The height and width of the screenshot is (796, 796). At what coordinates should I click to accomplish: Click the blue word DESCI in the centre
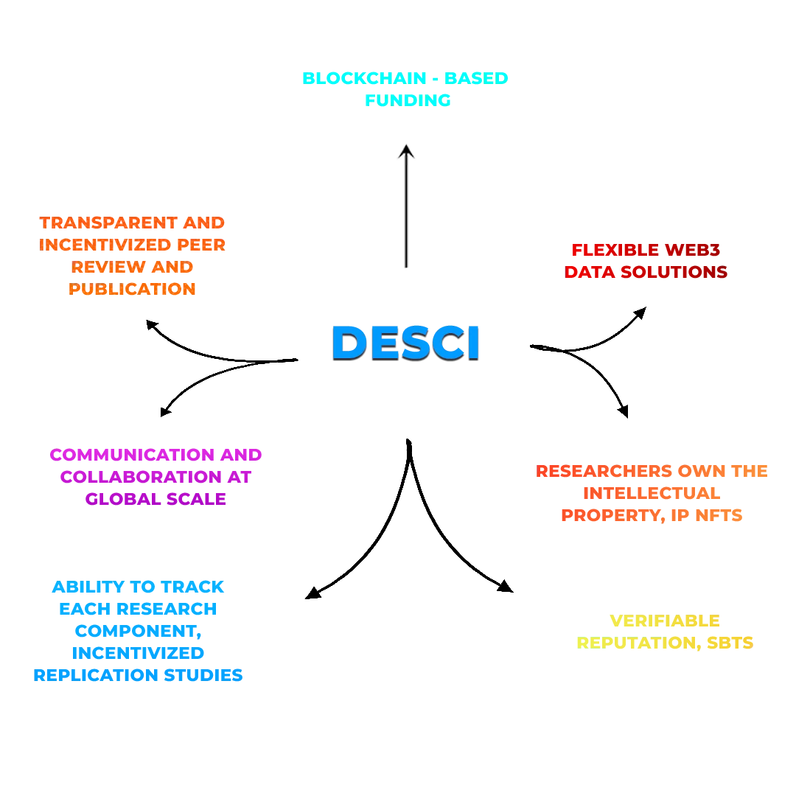tap(406, 343)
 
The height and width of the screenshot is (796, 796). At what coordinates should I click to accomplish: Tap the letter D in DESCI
tap(349, 343)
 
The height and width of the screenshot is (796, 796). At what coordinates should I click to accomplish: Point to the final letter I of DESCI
tap(473, 343)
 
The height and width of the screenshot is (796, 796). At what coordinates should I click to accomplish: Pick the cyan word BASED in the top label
tap(478, 78)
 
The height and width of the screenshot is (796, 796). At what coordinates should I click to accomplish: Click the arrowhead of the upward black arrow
tap(405, 151)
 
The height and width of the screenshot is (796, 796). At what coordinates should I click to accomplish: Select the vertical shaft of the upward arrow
tap(404, 214)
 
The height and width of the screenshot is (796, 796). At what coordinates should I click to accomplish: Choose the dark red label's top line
tap(646, 251)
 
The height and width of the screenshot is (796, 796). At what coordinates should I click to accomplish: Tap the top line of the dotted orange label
tap(133, 222)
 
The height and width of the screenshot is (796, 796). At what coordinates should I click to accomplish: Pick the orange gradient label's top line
tap(652, 470)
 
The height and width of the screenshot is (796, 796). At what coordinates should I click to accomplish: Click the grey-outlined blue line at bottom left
tap(138, 674)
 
